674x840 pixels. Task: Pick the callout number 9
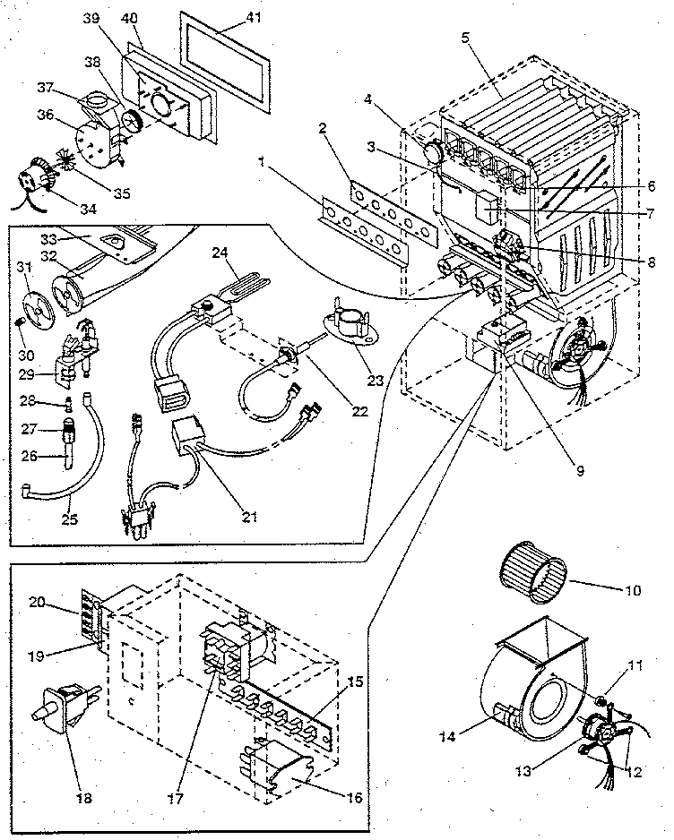click(581, 468)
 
